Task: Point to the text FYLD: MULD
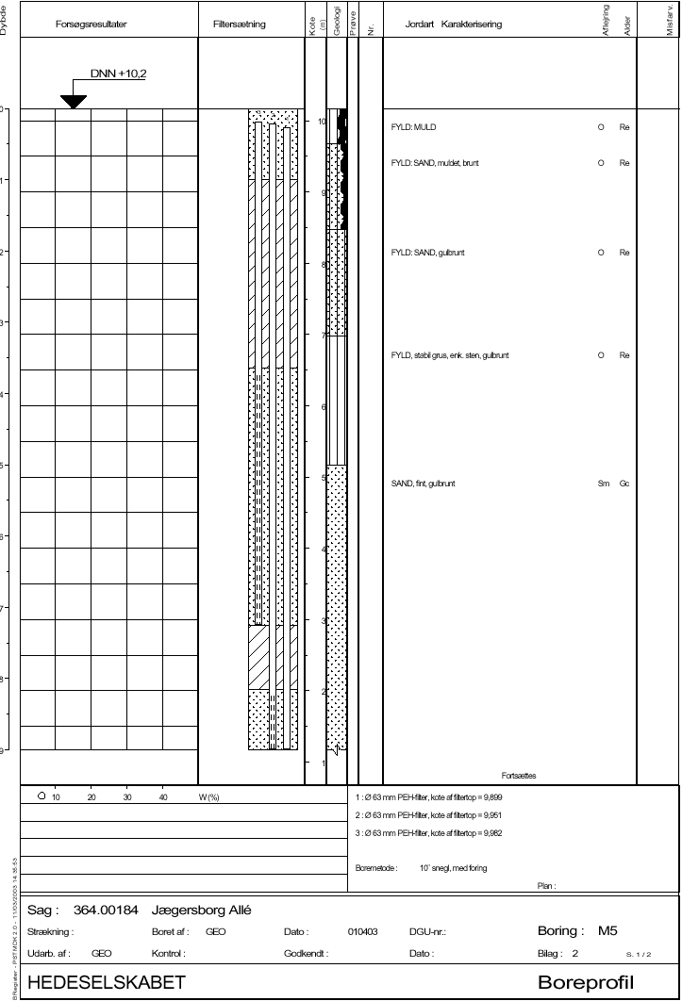tap(413, 127)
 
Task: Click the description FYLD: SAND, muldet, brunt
tap(435, 164)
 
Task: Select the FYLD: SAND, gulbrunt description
tap(427, 254)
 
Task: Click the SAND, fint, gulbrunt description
tap(423, 484)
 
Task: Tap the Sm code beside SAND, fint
tap(604, 484)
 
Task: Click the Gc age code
tap(624, 484)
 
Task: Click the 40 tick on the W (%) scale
tap(163, 796)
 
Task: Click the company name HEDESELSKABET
tap(107, 983)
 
